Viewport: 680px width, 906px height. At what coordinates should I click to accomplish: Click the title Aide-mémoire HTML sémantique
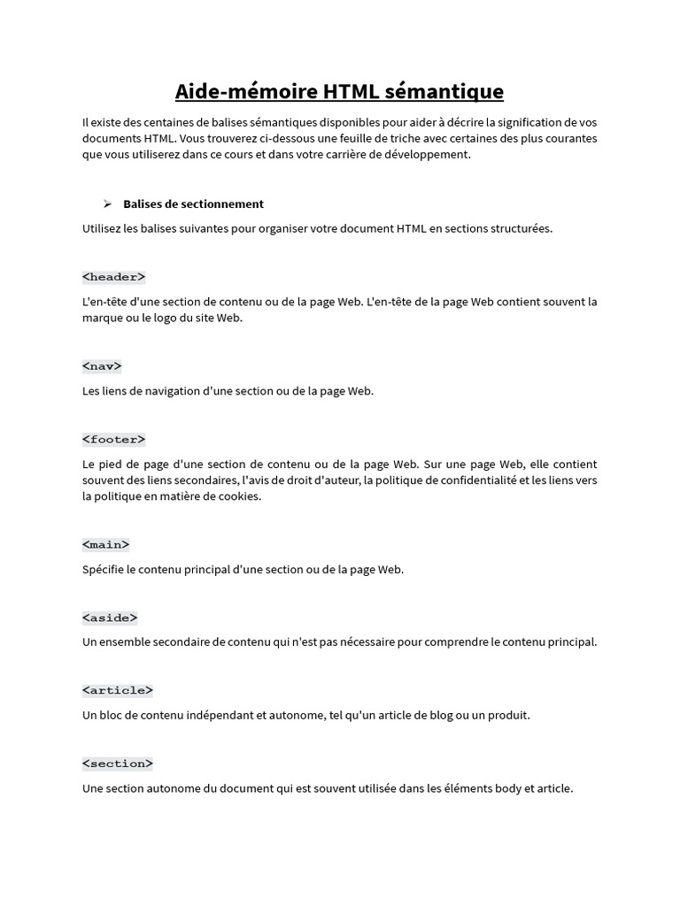(339, 91)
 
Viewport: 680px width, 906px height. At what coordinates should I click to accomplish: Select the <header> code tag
(113, 277)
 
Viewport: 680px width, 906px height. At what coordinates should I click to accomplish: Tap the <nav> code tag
(102, 365)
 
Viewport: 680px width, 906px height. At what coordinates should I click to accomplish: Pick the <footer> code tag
(113, 439)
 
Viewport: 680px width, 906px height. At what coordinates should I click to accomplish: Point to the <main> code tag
(105, 544)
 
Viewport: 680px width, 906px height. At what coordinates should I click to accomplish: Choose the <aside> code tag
(110, 618)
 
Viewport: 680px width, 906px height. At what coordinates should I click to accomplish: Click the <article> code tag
(117, 690)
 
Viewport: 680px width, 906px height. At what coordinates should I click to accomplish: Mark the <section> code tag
(117, 763)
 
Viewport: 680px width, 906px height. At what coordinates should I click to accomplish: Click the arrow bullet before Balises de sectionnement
(107, 203)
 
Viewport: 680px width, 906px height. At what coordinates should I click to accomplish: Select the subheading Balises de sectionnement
(193, 203)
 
